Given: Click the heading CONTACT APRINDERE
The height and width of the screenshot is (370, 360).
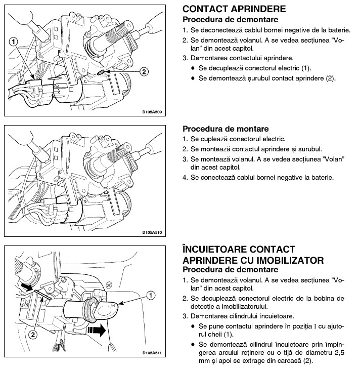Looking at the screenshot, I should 234,10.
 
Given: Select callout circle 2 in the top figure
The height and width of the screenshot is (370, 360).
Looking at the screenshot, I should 144,71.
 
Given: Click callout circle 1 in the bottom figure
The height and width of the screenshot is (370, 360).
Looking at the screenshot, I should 150,295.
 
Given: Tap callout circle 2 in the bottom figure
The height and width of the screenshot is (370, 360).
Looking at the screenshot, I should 32,335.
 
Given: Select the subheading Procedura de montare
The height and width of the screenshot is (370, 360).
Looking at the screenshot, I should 226,129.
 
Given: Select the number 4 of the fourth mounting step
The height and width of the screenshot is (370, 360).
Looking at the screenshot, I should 185,178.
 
